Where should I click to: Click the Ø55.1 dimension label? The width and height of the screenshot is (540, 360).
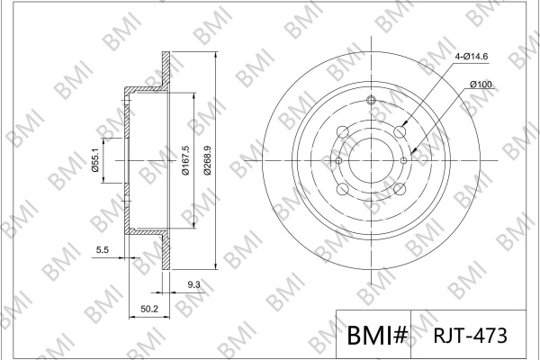pos(95,159)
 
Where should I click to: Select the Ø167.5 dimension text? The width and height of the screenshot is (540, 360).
pos(185,160)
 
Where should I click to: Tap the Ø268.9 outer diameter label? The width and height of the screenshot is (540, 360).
pos(207,160)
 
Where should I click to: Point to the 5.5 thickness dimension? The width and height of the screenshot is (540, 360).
pos(103,250)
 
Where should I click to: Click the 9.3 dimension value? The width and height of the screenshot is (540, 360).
pos(193,284)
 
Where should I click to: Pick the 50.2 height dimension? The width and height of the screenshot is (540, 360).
pos(149,309)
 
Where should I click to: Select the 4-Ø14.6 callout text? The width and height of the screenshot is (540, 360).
pos(471,56)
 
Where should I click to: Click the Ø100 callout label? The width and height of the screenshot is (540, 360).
pos(481,85)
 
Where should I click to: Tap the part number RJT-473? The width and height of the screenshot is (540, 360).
pos(470,335)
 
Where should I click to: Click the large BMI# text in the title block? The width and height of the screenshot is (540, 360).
pos(377,335)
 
